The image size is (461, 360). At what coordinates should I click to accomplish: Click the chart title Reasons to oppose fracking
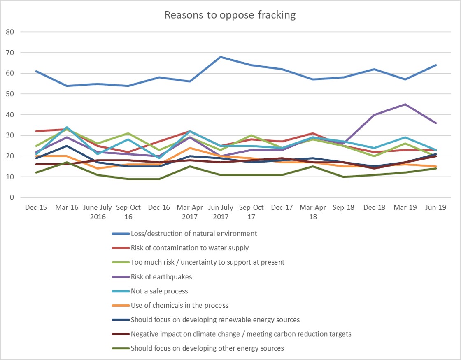[230, 15]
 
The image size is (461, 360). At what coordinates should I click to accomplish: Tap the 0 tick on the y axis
[12, 197]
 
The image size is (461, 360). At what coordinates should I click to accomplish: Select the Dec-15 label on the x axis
[36, 208]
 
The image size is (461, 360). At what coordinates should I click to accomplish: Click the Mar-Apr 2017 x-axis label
[190, 212]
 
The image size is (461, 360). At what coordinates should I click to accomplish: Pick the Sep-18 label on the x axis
[344, 208]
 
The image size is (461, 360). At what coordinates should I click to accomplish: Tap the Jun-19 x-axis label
[436, 208]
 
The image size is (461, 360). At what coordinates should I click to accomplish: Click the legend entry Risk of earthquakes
[161, 277]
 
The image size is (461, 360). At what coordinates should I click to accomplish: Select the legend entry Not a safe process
[159, 291]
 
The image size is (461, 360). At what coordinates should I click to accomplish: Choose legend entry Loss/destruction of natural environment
[193, 234]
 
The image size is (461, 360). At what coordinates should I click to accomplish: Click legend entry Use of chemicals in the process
[179, 306]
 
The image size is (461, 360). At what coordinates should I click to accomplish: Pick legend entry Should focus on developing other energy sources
[207, 348]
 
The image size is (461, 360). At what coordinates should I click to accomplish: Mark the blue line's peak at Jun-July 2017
[221, 57]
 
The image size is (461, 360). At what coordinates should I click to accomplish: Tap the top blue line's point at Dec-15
[36, 71]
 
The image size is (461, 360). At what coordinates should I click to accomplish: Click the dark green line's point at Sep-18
[344, 177]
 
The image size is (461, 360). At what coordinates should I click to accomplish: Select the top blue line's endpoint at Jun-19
[436, 65]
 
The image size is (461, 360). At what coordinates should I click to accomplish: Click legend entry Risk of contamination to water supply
[189, 248]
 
